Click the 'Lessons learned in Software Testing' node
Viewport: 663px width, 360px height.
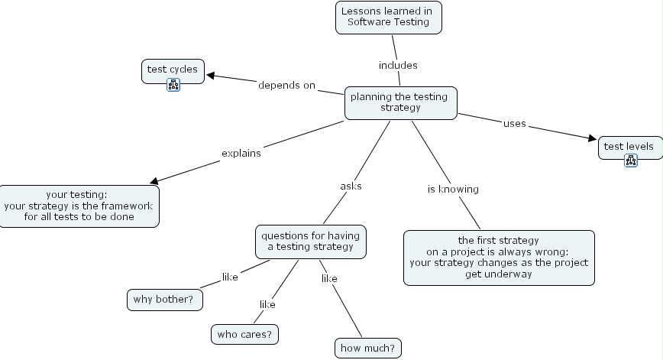[x=389, y=17]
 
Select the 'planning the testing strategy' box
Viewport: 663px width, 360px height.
[x=400, y=102]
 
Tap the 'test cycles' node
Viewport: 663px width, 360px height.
[x=173, y=70]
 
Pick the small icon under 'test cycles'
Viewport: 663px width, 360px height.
[x=173, y=84]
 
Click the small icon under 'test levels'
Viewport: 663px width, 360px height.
[x=630, y=160]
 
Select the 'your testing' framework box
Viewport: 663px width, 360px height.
[x=79, y=206]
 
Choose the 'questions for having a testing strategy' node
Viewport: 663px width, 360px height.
[x=310, y=241]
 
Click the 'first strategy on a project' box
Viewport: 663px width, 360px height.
[x=498, y=257]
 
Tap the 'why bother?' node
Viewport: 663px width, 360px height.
[x=165, y=299]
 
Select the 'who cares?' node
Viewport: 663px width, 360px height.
[x=244, y=334]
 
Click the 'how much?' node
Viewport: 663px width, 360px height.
[x=367, y=348]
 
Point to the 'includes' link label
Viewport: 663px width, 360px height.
[x=398, y=65]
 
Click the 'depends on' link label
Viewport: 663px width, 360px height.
[x=286, y=85]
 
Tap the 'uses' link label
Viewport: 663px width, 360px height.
[x=514, y=123]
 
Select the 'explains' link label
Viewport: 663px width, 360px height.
[x=241, y=153]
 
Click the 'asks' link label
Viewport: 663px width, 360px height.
[x=351, y=186]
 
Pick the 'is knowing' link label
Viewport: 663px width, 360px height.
[x=452, y=189]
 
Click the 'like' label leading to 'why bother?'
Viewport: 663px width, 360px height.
[x=230, y=277]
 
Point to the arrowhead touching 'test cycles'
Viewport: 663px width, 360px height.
[x=210, y=75]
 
